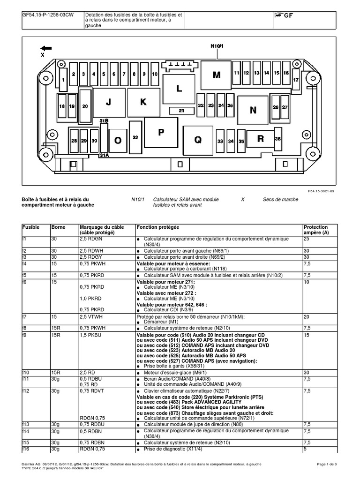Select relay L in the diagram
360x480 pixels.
coord(179,88)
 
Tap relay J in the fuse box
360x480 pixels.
coord(109,101)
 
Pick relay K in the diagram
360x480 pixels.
coord(143,101)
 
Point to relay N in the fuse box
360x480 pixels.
coord(253,110)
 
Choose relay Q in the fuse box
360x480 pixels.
coord(198,139)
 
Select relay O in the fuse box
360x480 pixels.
coord(118,140)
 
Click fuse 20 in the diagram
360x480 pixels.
coord(85,106)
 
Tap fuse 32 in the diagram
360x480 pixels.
coord(135,137)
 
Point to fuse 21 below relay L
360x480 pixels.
coord(182,111)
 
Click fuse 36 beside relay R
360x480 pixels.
coord(277,139)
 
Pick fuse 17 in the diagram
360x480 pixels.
coord(296,80)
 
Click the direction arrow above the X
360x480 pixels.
coord(46,47)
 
